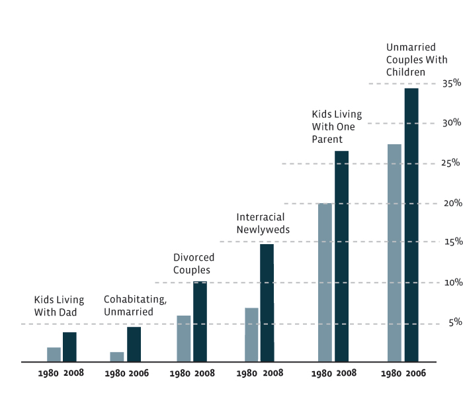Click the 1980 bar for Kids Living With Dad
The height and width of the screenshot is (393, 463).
(x=54, y=355)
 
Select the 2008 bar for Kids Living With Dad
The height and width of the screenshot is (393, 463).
(x=69, y=347)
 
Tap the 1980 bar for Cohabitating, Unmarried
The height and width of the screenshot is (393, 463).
(x=117, y=357)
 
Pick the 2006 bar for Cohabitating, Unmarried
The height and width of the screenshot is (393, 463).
(x=134, y=344)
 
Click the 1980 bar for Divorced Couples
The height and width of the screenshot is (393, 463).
(x=183, y=339)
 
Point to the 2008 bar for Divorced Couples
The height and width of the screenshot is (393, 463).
(x=200, y=322)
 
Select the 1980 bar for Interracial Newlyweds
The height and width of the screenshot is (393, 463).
(x=251, y=335)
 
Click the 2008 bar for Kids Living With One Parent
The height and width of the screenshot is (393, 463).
(x=341, y=256)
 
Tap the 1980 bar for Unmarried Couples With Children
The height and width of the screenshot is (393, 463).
(x=394, y=253)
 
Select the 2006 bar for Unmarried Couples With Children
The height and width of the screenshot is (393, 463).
(x=411, y=225)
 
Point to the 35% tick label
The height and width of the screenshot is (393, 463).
(x=452, y=83)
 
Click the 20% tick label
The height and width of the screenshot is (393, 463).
(x=452, y=203)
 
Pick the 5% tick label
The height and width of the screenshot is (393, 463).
(x=454, y=323)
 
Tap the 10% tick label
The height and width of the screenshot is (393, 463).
(x=452, y=283)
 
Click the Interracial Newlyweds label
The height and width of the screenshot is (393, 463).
(x=263, y=224)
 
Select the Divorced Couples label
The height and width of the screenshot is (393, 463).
(x=192, y=263)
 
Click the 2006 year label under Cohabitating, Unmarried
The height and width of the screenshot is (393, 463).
(x=139, y=373)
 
